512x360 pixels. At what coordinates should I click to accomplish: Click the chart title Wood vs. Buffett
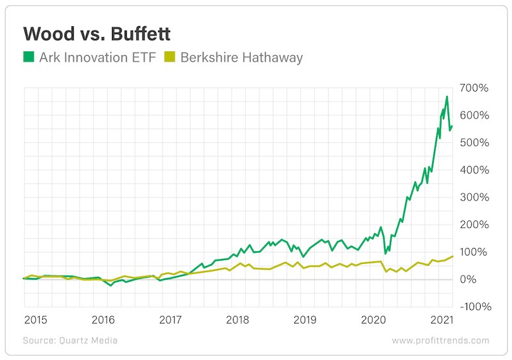[97, 33]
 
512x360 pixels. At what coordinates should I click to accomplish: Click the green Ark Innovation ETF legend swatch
[29, 57]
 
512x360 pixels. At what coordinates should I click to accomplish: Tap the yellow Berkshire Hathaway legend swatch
[170, 57]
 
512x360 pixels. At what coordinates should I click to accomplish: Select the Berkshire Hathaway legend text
[241, 57]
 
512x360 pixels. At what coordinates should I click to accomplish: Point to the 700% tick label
[474, 88]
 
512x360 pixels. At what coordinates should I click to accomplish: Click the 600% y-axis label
[474, 115]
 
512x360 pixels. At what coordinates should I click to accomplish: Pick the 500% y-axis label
[474, 142]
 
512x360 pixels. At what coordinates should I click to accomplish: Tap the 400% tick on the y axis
[474, 170]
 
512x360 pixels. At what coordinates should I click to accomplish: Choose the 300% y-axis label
[474, 197]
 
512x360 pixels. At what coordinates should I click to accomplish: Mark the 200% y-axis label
[474, 225]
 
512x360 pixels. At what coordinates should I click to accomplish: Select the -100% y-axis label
[472, 307]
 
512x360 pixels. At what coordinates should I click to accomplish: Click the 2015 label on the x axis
[36, 319]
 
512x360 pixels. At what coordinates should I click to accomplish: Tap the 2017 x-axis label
[170, 319]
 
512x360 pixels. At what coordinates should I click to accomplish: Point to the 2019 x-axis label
[305, 319]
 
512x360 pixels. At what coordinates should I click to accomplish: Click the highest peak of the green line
[447, 97]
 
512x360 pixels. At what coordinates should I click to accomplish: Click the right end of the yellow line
[453, 256]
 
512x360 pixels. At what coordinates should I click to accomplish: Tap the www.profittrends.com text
[440, 341]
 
